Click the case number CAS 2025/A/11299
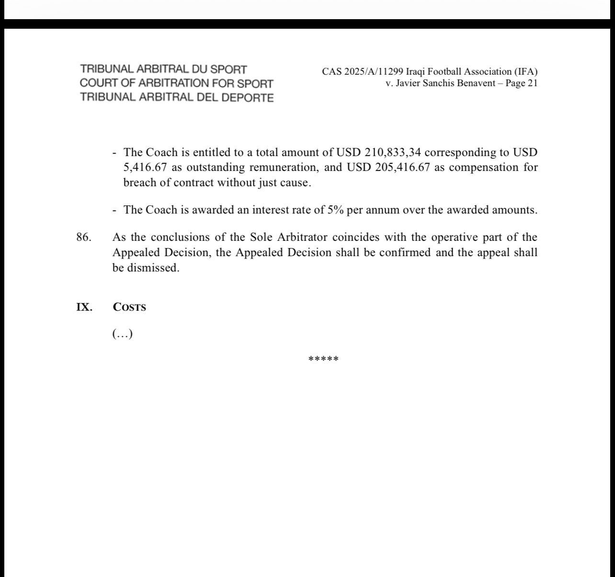(363, 72)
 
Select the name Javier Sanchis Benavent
(439, 83)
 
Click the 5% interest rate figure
(335, 210)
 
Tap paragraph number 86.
(83, 238)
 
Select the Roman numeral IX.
(84, 307)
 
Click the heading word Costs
(129, 307)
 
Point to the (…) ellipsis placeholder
(122, 334)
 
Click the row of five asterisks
(323, 359)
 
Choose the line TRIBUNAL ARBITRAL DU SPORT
(163, 69)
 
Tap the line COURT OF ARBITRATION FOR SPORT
(176, 83)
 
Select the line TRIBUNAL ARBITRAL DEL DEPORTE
(177, 98)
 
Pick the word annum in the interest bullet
(382, 210)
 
